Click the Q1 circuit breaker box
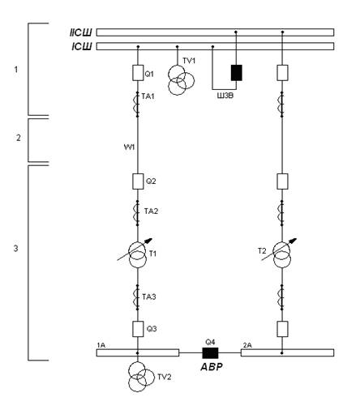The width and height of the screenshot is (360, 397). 138,73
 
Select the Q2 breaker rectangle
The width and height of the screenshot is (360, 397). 138,181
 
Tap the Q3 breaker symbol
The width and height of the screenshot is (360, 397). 138,329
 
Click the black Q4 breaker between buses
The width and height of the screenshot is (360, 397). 210,353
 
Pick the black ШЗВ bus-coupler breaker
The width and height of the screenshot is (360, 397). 237,73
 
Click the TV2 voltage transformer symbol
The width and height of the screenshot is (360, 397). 140,377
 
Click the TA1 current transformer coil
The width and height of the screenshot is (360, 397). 137,105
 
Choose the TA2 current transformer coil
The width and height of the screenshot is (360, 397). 137,213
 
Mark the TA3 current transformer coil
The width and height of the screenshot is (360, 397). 137,297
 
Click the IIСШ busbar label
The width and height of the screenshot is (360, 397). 81,32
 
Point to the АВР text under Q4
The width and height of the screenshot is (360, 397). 212,367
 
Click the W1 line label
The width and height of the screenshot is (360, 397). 129,147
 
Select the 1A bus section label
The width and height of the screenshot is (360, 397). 101,345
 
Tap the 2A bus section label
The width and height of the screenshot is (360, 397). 247,345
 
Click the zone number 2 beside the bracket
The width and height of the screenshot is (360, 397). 18,138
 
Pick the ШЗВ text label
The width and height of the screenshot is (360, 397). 225,96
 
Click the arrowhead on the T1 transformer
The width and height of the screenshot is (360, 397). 149,241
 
